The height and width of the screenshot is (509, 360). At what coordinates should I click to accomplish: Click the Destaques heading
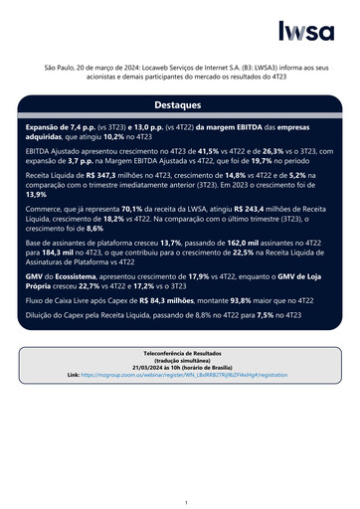coord(179,104)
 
